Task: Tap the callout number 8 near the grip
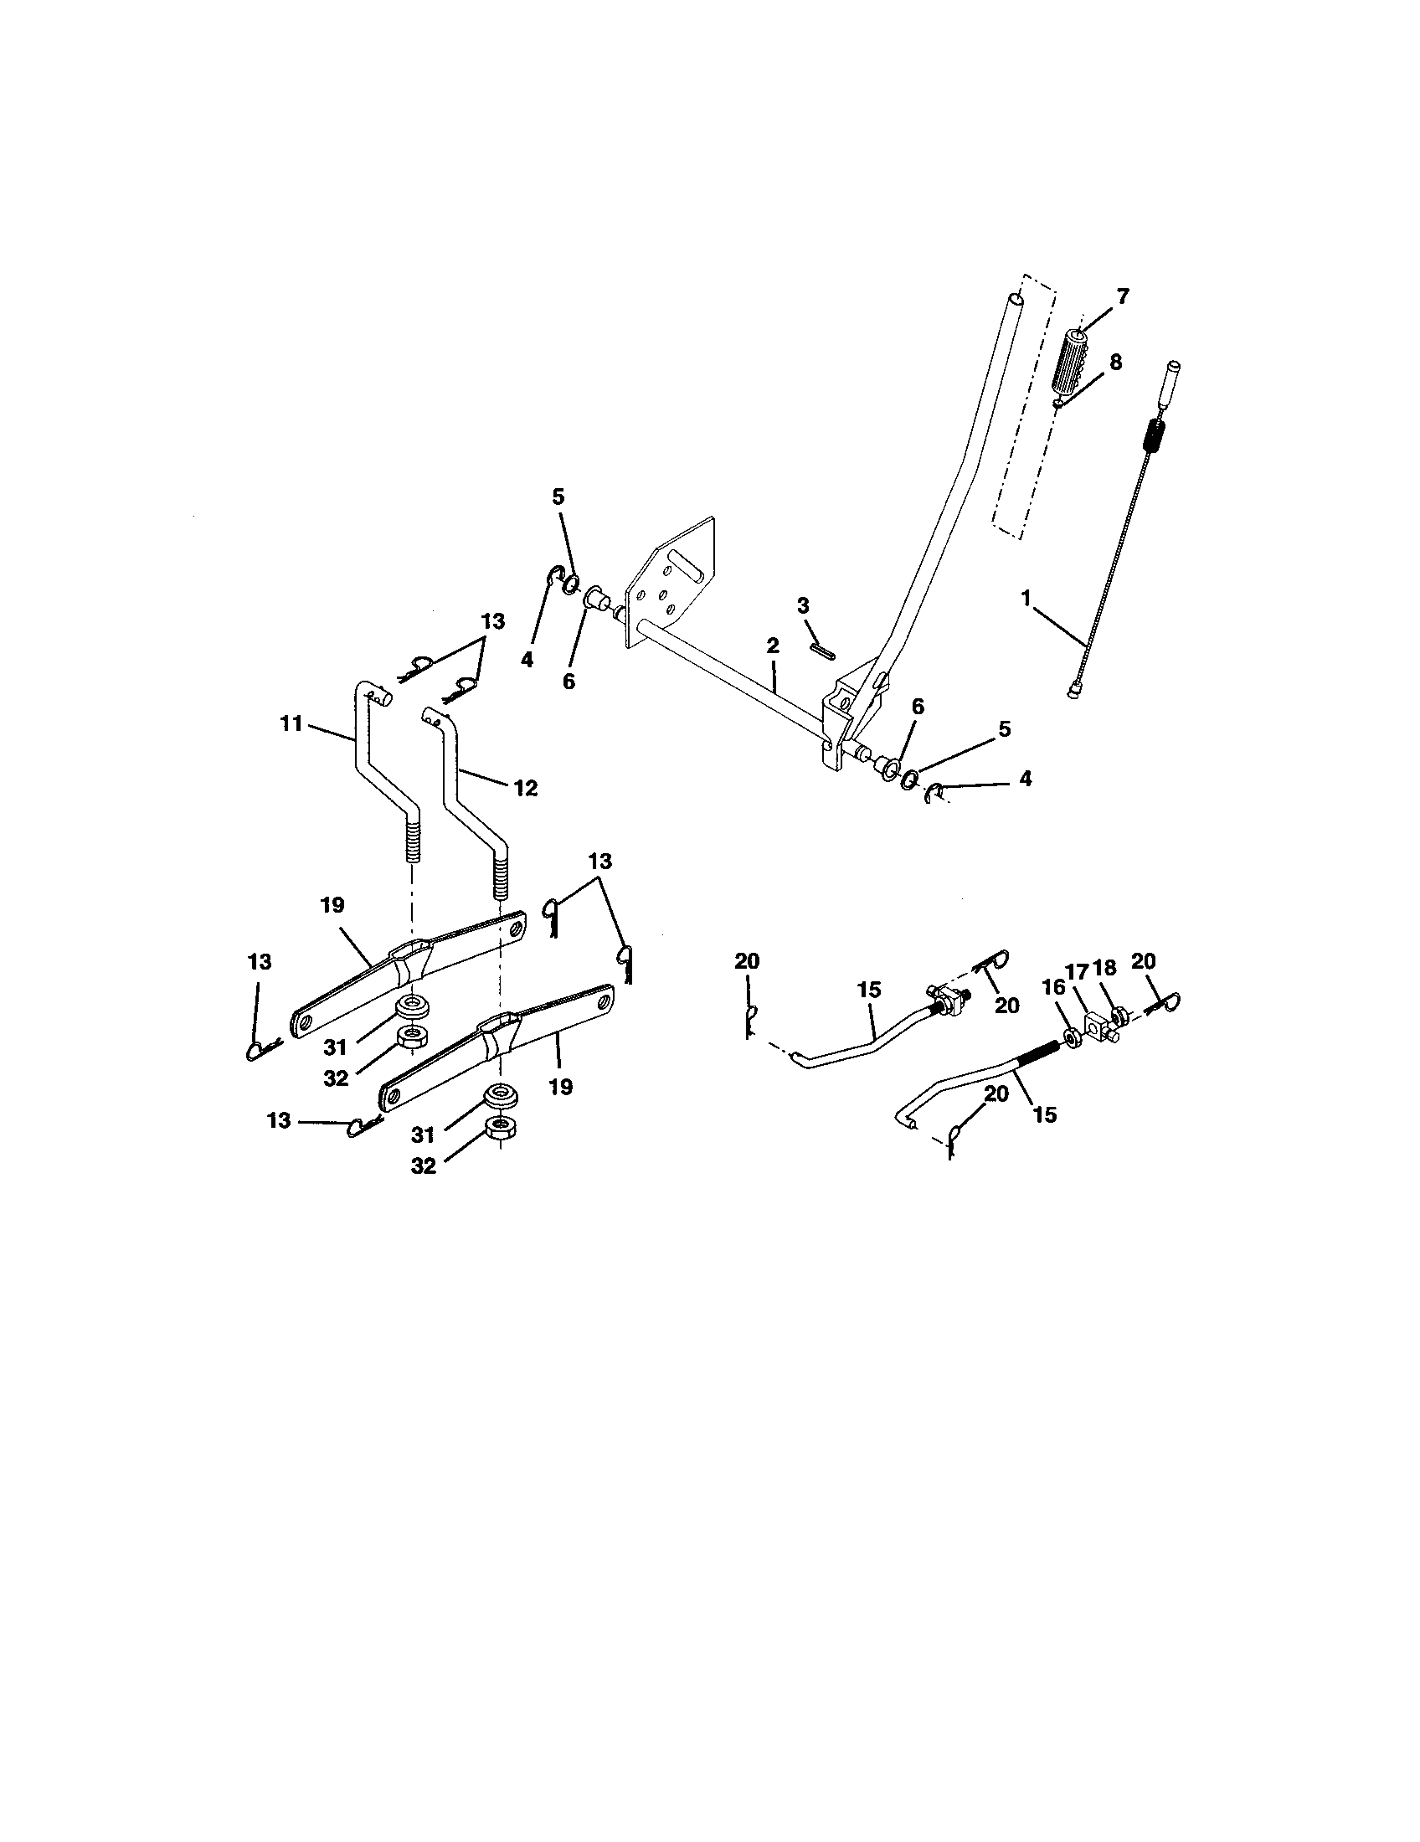1114,363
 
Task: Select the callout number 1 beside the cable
1026,598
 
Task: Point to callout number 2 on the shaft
773,646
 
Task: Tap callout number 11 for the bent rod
291,724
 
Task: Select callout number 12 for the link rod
525,788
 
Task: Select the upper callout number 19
332,905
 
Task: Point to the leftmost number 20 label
747,960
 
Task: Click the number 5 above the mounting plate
558,497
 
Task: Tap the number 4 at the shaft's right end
1026,779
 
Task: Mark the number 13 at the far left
260,961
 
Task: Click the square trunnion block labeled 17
1098,1026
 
